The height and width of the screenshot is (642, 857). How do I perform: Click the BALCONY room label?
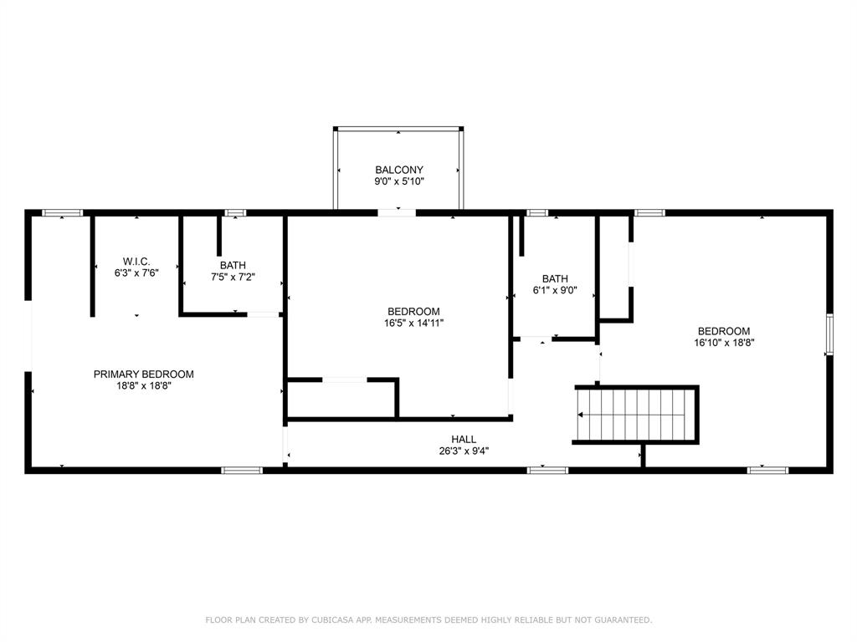[x=398, y=170]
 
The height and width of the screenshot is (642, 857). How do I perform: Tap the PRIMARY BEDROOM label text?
[x=143, y=374]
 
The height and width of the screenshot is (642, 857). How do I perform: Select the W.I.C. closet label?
[x=137, y=262]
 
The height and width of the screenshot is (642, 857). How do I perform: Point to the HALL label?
[x=463, y=439]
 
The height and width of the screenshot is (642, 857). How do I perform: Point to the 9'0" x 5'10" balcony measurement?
[x=398, y=181]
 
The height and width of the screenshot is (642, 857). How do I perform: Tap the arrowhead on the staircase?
[x=582, y=415]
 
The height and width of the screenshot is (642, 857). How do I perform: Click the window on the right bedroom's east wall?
[x=829, y=334]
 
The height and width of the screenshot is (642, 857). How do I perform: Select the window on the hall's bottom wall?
[x=547, y=470]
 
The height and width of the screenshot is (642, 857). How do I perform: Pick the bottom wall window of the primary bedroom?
[x=242, y=470]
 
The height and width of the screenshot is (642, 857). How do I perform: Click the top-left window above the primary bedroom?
[x=63, y=213]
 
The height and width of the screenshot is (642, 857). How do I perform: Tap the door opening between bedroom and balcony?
[x=396, y=213]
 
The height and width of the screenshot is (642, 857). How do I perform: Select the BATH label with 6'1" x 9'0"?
[x=555, y=279]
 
